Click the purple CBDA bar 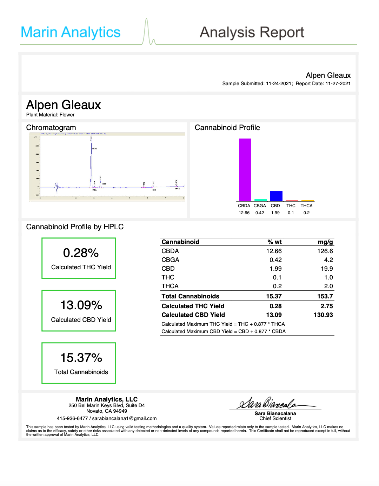coord(245,170)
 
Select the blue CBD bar coord(276,196)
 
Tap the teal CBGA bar coord(260,200)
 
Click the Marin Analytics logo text coord(71,32)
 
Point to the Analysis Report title coord(252,33)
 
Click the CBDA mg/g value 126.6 coord(325,251)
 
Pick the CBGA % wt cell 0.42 coord(275,260)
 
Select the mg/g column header coord(325,242)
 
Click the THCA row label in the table coord(170,286)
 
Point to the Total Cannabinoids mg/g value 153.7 coord(325,296)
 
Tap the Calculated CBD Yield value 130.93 coord(323,315)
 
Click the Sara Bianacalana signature coord(270,404)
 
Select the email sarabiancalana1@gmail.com coord(124,418)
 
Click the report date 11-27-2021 coord(338,83)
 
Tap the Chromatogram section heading coord(51,128)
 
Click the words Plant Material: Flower coord(50,115)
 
